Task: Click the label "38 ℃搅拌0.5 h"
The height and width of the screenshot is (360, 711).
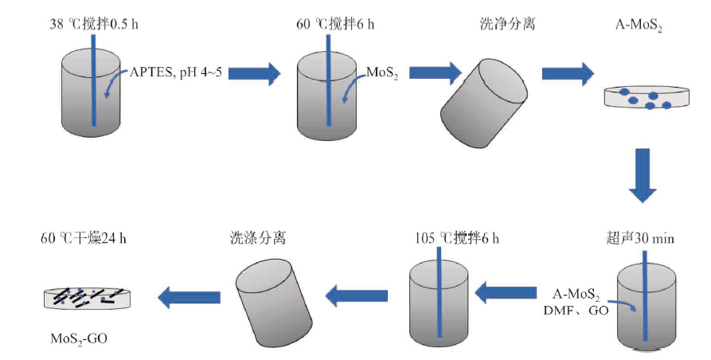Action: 94,24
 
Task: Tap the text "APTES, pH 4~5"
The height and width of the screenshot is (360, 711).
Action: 176,72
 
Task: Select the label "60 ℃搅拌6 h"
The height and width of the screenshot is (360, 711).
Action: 335,24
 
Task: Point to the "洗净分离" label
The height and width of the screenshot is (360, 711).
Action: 507,24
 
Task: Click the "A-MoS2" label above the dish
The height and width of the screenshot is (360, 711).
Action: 639,25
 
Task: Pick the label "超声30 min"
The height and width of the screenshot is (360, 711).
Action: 640,238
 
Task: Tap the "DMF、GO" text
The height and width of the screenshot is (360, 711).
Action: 576,311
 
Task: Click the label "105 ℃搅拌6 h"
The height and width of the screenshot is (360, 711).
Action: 457,238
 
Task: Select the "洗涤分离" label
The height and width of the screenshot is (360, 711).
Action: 258,238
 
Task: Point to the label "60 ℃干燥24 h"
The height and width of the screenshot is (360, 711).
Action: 84,238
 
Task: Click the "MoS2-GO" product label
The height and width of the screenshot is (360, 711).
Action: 79,338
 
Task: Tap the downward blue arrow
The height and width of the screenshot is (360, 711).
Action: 643,175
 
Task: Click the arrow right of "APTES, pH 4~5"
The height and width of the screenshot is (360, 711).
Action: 254,73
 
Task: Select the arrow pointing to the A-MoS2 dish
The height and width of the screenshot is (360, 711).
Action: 568,73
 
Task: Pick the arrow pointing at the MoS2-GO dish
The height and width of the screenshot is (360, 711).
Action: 189,297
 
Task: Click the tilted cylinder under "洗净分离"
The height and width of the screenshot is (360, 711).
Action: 484,104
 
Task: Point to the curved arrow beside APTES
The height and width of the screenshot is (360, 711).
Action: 116,83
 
